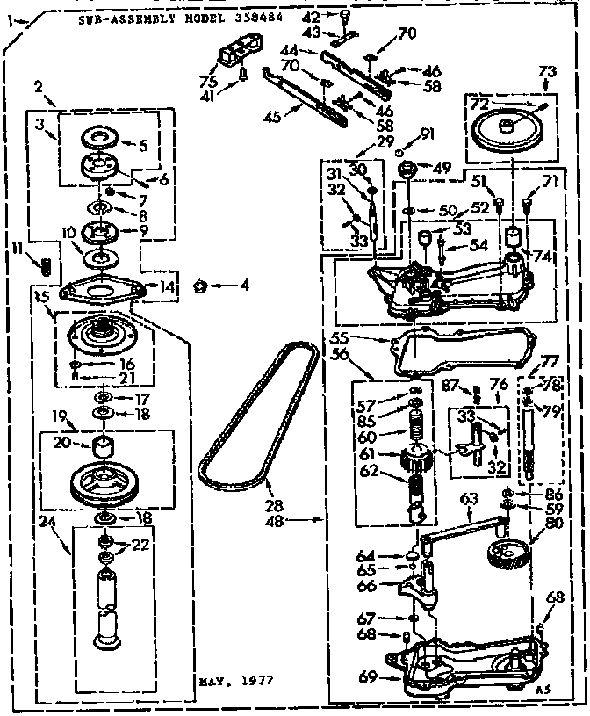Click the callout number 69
pos(368,676)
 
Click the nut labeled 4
pos(199,285)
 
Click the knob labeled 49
pos(408,170)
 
